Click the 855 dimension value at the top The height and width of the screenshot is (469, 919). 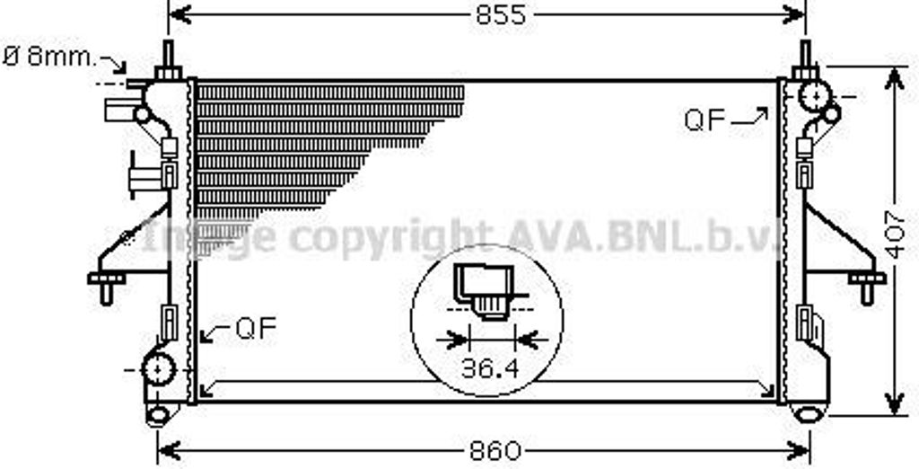[x=501, y=15]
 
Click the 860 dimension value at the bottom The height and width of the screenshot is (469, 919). [x=495, y=451]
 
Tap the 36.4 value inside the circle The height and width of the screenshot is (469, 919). [x=490, y=368]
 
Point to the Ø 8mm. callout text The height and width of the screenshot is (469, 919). [x=48, y=58]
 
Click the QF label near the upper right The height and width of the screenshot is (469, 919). [x=705, y=120]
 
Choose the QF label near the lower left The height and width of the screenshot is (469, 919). [x=256, y=328]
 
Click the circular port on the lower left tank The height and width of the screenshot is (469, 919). [x=159, y=369]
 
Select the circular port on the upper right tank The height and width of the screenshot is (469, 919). [x=815, y=95]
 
